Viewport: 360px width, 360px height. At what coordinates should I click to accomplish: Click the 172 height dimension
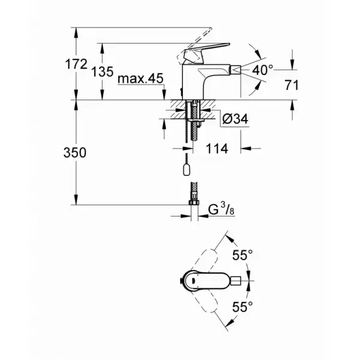(x=76, y=64)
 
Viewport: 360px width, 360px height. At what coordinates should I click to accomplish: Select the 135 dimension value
(x=103, y=71)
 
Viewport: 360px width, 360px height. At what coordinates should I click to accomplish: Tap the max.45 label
(x=140, y=79)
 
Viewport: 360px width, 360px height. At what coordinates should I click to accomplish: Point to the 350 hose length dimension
(x=75, y=152)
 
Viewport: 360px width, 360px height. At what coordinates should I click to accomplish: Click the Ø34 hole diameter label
(x=235, y=119)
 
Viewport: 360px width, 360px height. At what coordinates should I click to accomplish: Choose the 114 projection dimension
(x=217, y=149)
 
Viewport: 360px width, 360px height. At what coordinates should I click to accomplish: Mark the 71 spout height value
(x=292, y=85)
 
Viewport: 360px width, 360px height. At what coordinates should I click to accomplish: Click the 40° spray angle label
(x=263, y=70)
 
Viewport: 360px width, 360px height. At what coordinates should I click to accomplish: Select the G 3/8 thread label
(x=221, y=209)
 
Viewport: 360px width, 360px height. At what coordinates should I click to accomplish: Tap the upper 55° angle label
(x=242, y=255)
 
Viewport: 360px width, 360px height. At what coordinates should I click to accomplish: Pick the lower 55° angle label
(x=242, y=307)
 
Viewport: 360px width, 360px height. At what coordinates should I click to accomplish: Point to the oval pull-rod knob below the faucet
(x=187, y=170)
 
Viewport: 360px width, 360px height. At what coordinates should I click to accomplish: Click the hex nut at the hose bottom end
(x=194, y=202)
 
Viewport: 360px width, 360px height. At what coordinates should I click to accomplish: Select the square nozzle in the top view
(x=236, y=281)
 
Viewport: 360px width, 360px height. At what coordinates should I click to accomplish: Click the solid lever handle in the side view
(x=205, y=52)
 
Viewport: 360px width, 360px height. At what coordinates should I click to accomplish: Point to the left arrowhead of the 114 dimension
(x=188, y=149)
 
